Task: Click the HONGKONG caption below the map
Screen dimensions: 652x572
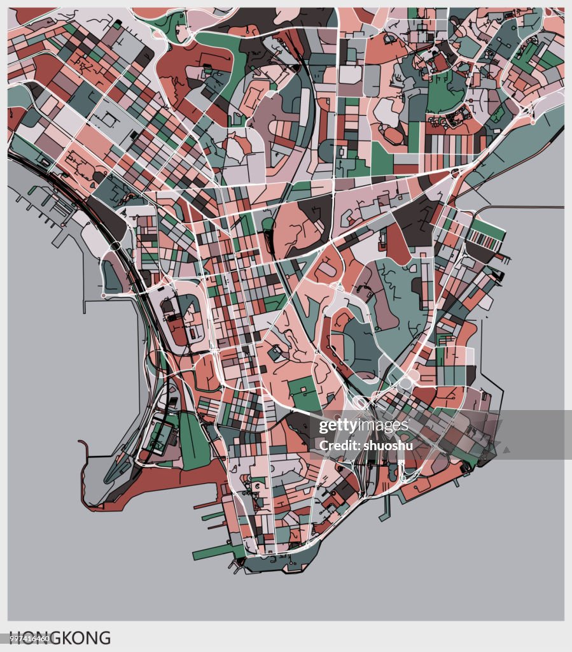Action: (60, 637)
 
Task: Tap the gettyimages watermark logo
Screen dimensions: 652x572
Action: (363, 426)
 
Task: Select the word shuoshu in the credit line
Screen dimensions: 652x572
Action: (388, 445)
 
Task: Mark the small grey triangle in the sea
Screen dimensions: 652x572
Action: (506, 450)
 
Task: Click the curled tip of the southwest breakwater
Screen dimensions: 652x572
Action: (81, 442)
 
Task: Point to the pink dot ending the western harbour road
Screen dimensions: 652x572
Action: (104, 296)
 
